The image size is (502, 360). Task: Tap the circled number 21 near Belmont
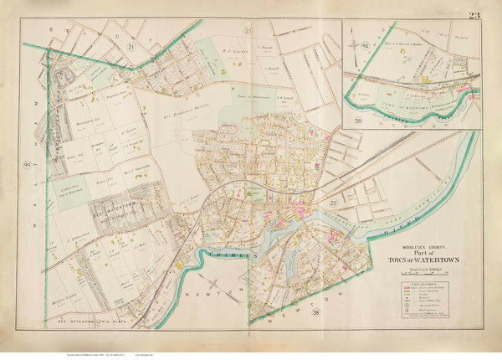pos(132,49)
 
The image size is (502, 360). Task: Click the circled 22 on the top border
pos(248,31)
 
